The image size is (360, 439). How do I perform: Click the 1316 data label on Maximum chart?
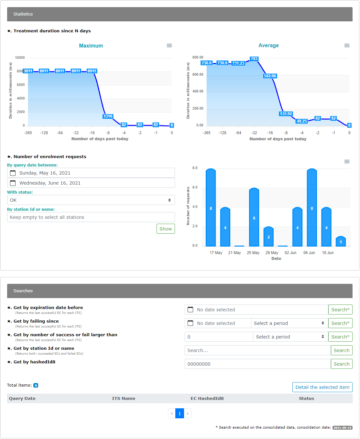108,116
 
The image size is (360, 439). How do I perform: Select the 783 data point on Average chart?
254,59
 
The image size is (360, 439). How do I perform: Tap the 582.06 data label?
270,76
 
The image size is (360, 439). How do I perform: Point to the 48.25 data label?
301,121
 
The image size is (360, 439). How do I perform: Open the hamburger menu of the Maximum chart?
169,45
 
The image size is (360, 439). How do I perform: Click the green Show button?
166,229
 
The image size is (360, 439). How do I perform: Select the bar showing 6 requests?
254,217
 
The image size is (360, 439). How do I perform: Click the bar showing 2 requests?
268,236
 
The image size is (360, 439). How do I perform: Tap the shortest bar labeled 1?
341,241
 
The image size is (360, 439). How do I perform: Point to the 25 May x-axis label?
253,252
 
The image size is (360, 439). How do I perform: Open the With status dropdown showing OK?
91,200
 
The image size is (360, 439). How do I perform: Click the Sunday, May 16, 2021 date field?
91,173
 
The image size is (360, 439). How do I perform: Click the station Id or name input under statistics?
91,217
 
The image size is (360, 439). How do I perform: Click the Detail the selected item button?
322,387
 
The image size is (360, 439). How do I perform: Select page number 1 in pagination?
180,413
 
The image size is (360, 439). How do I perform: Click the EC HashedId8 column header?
207,398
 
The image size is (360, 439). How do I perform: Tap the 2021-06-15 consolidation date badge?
342,428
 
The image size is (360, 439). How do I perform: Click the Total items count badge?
36,385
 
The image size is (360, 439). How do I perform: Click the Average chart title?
268,45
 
